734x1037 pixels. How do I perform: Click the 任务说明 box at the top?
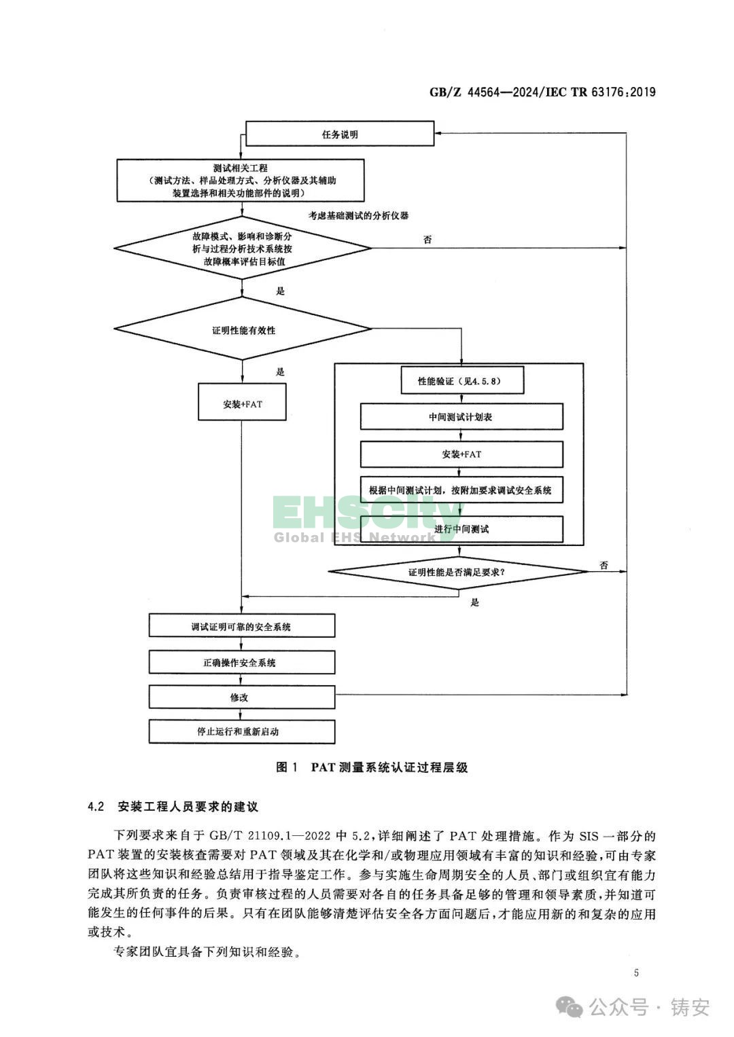(x=339, y=134)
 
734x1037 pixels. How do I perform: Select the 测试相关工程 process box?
(x=241, y=180)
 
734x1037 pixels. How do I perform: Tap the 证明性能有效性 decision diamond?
(x=243, y=330)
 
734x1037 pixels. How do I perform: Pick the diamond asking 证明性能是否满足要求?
(x=457, y=572)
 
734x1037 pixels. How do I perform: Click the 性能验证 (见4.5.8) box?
(x=461, y=381)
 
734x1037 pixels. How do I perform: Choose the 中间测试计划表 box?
(x=461, y=417)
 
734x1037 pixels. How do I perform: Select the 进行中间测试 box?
(x=461, y=528)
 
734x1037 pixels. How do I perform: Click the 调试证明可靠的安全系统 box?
(x=241, y=626)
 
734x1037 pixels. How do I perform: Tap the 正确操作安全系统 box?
(x=241, y=662)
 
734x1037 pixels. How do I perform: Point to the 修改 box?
(x=241, y=697)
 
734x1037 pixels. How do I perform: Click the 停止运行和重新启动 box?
(x=241, y=731)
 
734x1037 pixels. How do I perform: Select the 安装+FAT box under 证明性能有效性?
(x=242, y=404)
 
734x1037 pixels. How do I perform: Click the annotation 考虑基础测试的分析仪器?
(x=358, y=215)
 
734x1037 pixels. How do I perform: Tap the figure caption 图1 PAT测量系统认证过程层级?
(x=372, y=767)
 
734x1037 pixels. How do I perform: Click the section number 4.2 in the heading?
(x=95, y=807)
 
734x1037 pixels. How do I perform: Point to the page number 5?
(x=636, y=972)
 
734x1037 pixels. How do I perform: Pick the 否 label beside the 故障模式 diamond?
(x=427, y=240)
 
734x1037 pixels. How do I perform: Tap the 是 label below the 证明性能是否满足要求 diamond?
(x=474, y=602)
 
